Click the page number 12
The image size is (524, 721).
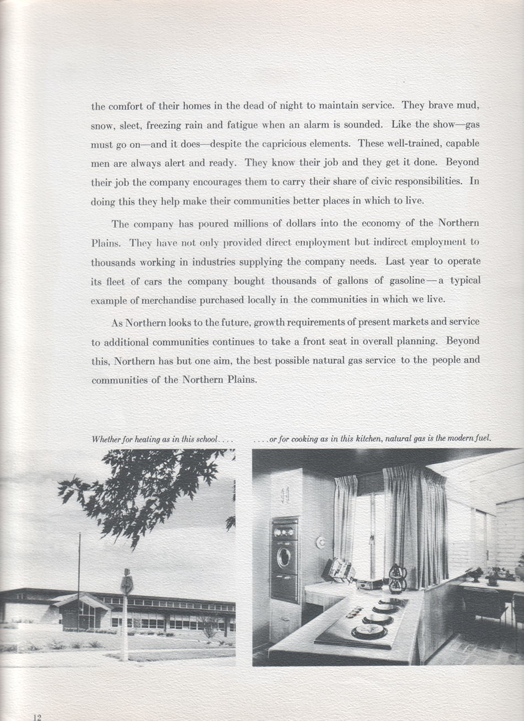pyautogui.click(x=37, y=717)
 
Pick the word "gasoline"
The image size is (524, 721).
pyautogui.click(x=405, y=281)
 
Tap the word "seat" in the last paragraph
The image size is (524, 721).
pyautogui.click(x=342, y=341)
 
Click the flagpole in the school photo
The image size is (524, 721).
pyautogui.click(x=78, y=579)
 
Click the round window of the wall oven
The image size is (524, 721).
pyautogui.click(x=285, y=557)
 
